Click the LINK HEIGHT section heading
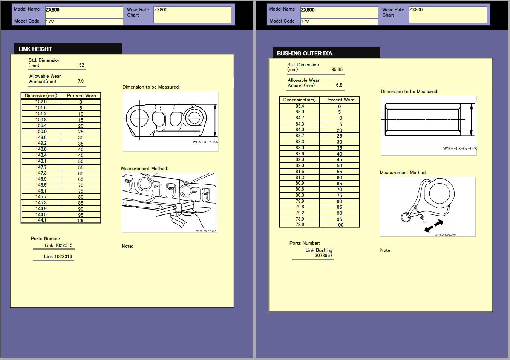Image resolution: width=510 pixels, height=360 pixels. (35, 49)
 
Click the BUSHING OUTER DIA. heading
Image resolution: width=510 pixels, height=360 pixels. (305, 54)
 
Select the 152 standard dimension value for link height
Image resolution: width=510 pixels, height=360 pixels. (80, 65)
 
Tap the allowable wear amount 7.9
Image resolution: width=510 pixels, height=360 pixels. (81, 81)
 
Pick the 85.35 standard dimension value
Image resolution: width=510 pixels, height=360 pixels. (337, 70)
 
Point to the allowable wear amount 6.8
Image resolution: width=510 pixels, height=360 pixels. (339, 85)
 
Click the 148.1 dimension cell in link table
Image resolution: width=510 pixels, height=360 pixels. (41, 161)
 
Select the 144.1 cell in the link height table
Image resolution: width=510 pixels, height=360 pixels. (41, 220)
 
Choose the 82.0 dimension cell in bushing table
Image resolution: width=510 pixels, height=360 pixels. (300, 165)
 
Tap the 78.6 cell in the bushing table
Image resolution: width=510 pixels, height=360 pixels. (300, 225)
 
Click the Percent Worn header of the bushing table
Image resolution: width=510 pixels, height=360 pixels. (340, 100)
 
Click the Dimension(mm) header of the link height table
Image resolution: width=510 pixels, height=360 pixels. (41, 96)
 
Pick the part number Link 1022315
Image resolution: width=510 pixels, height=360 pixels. (58, 245)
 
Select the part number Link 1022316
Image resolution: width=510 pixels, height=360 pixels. (58, 257)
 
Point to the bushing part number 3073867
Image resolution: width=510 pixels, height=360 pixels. (323, 256)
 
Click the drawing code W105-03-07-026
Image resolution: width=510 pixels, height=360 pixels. (459, 149)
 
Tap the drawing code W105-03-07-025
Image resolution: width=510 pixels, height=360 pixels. (205, 142)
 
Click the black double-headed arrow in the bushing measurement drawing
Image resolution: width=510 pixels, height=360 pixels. (433, 226)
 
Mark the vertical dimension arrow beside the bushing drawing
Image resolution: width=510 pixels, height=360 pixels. (471, 120)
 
